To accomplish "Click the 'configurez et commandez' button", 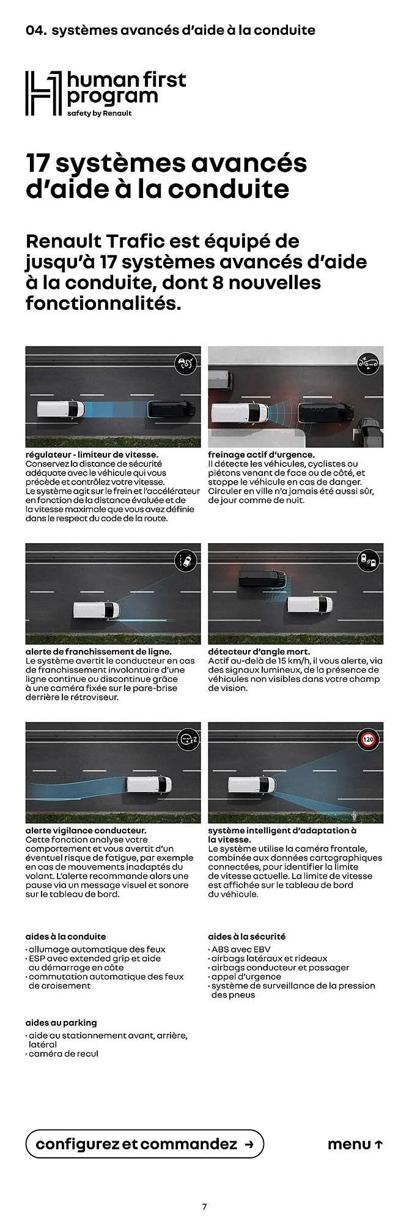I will pyautogui.click(x=144, y=1144).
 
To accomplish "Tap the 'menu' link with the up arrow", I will pyautogui.click(x=355, y=1144).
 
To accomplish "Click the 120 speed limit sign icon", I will pyautogui.click(x=367, y=739).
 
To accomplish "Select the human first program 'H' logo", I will pyautogui.click(x=43, y=93).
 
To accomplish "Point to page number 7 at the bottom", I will pyautogui.click(x=204, y=1207).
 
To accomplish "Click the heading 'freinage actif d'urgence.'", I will pyautogui.click(x=261, y=455).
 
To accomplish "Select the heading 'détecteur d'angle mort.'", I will pyautogui.click(x=259, y=652).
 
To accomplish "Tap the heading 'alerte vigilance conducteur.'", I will pyautogui.click(x=86, y=831).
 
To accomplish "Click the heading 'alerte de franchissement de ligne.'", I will pyautogui.click(x=98, y=652).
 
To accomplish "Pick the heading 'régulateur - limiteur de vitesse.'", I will pyautogui.click(x=92, y=455).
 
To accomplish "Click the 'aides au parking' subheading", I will pyautogui.click(x=61, y=1023).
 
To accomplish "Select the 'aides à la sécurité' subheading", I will pyautogui.click(x=246, y=937).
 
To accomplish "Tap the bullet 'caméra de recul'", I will pyautogui.click(x=64, y=1054).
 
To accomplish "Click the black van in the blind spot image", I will pyautogui.click(x=262, y=577).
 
